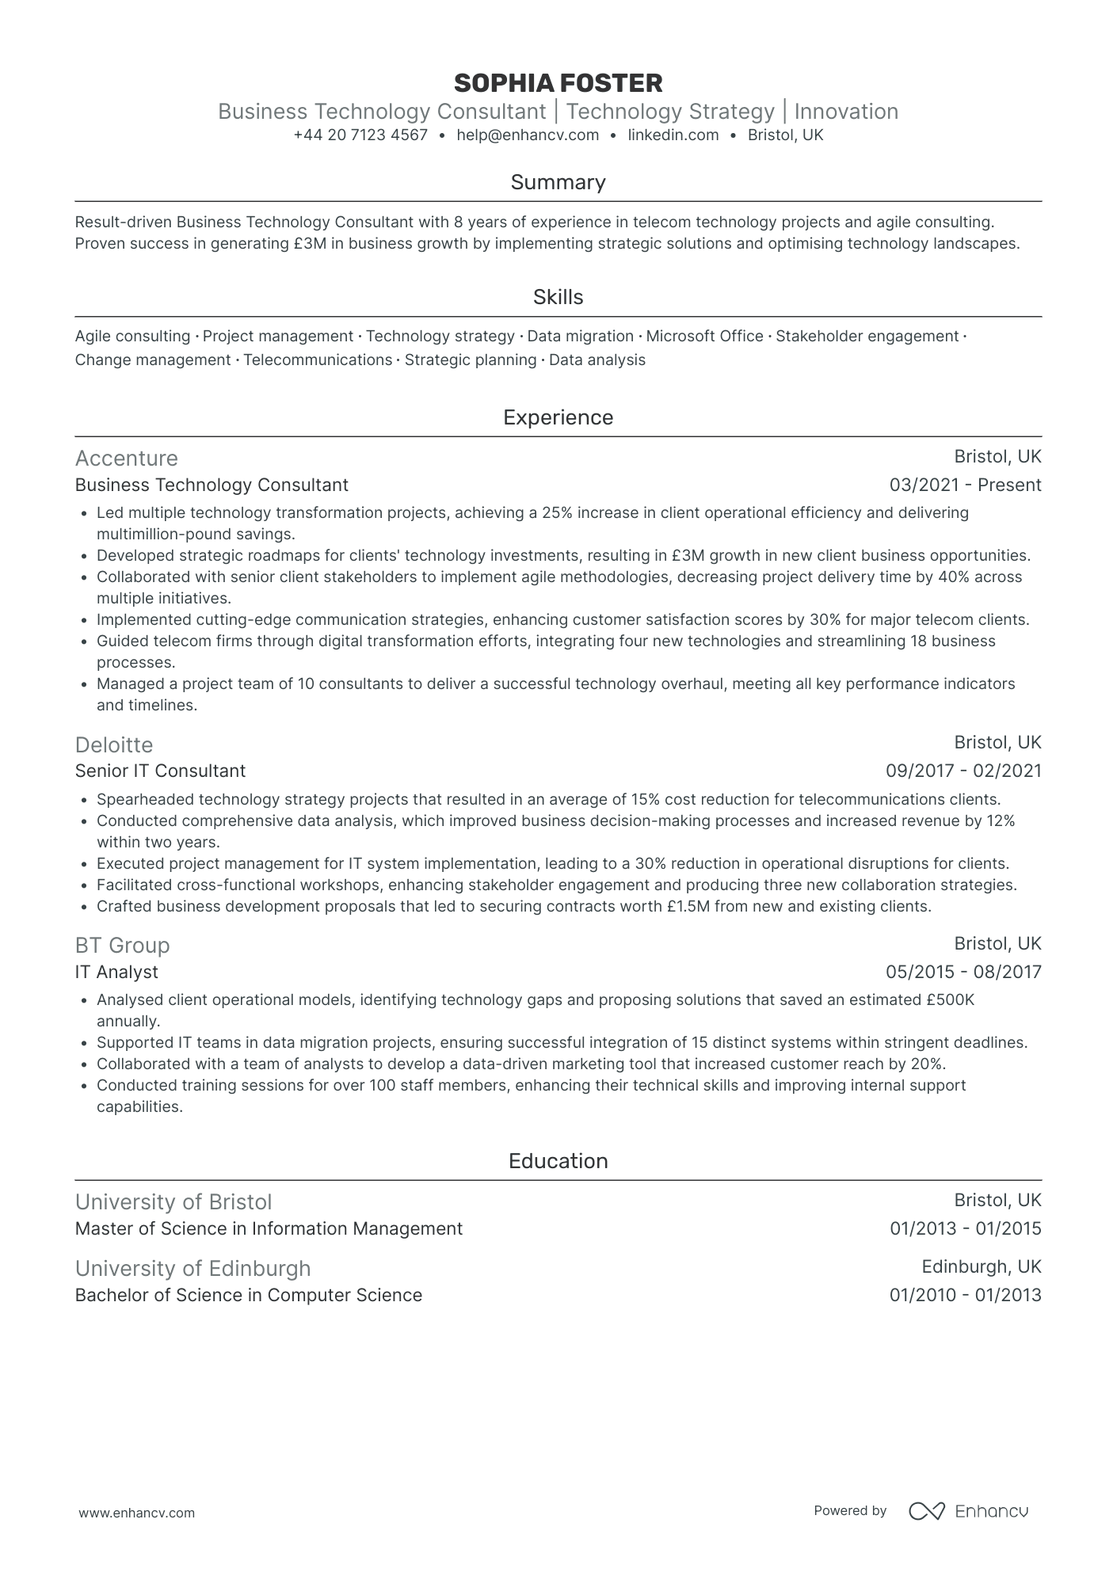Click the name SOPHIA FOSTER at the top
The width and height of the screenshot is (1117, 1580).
tap(558, 83)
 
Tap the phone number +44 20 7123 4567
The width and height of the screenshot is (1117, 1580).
tap(360, 135)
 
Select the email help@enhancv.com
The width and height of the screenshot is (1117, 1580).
tap(528, 135)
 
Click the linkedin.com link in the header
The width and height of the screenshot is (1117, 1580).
tap(673, 135)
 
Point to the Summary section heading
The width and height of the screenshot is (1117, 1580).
tap(558, 183)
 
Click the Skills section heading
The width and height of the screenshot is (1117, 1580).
tap(558, 298)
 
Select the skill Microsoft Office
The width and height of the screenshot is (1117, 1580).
tap(704, 337)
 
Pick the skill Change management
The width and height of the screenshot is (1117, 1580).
tap(153, 360)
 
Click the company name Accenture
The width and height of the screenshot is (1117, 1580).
tap(127, 459)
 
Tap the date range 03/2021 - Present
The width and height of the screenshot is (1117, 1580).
tap(965, 485)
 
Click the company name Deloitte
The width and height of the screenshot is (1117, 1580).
tap(114, 745)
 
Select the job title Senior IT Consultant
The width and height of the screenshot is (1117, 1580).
tap(160, 771)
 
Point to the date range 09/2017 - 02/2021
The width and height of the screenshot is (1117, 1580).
tap(963, 771)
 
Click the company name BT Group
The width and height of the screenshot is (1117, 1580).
tap(123, 946)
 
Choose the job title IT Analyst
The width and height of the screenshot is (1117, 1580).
tap(116, 973)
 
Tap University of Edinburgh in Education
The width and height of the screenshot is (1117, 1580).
tap(193, 1269)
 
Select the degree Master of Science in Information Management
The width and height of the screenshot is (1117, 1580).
tap(269, 1229)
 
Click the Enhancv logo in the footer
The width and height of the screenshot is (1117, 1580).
tap(968, 1511)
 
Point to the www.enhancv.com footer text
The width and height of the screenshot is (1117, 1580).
tap(137, 1513)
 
